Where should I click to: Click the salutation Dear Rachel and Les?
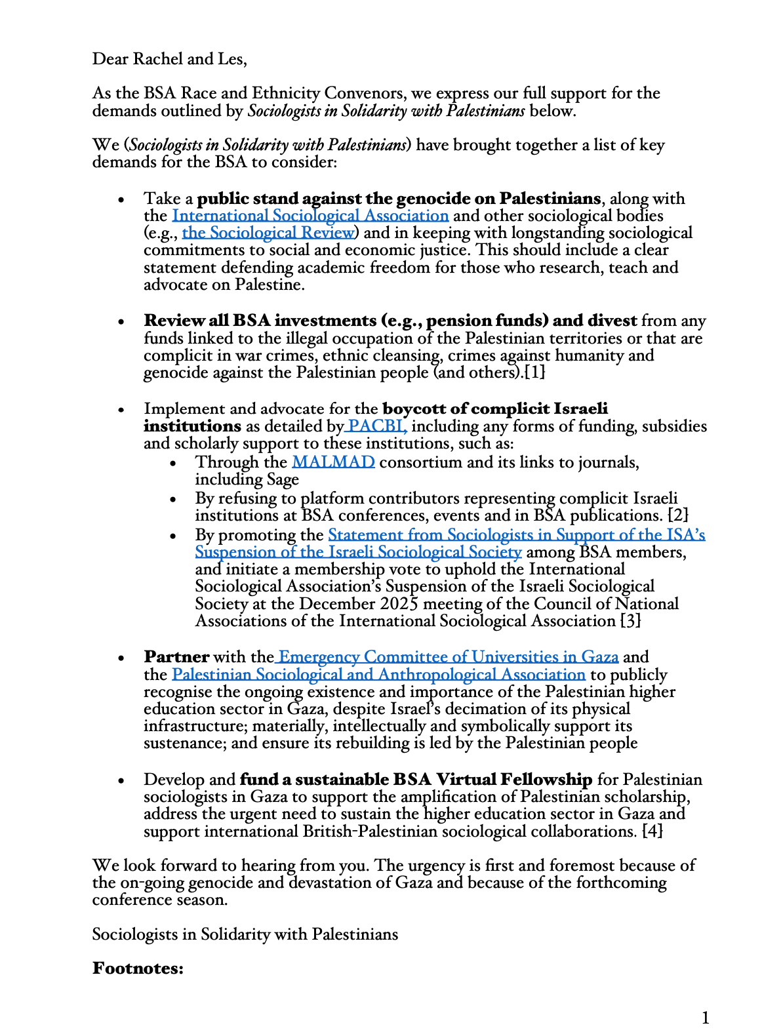pos(169,59)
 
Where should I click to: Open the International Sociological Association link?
pos(310,216)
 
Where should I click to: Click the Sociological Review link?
pos(268,233)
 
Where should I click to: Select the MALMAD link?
pos(333,462)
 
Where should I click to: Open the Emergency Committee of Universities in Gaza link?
pos(448,657)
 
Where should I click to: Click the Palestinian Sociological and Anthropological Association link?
pos(378,675)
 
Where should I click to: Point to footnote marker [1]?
pos(534,372)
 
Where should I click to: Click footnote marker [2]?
pos(677,515)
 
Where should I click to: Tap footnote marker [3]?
pos(630,620)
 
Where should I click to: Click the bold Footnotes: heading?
pos(138,968)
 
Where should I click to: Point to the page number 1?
pos(706,1018)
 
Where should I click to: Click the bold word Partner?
pos(176,657)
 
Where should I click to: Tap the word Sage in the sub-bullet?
pos(283,479)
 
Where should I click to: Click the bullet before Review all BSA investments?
pos(121,322)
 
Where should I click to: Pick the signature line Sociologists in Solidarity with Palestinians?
pos(245,934)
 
